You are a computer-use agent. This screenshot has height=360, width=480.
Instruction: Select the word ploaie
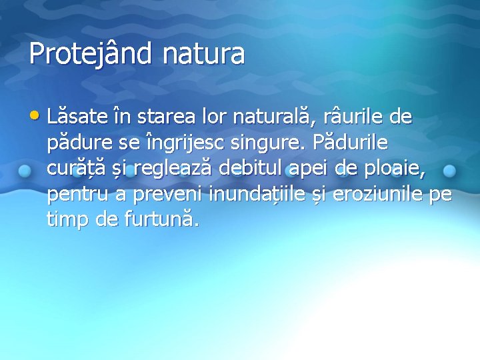click(x=397, y=170)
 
